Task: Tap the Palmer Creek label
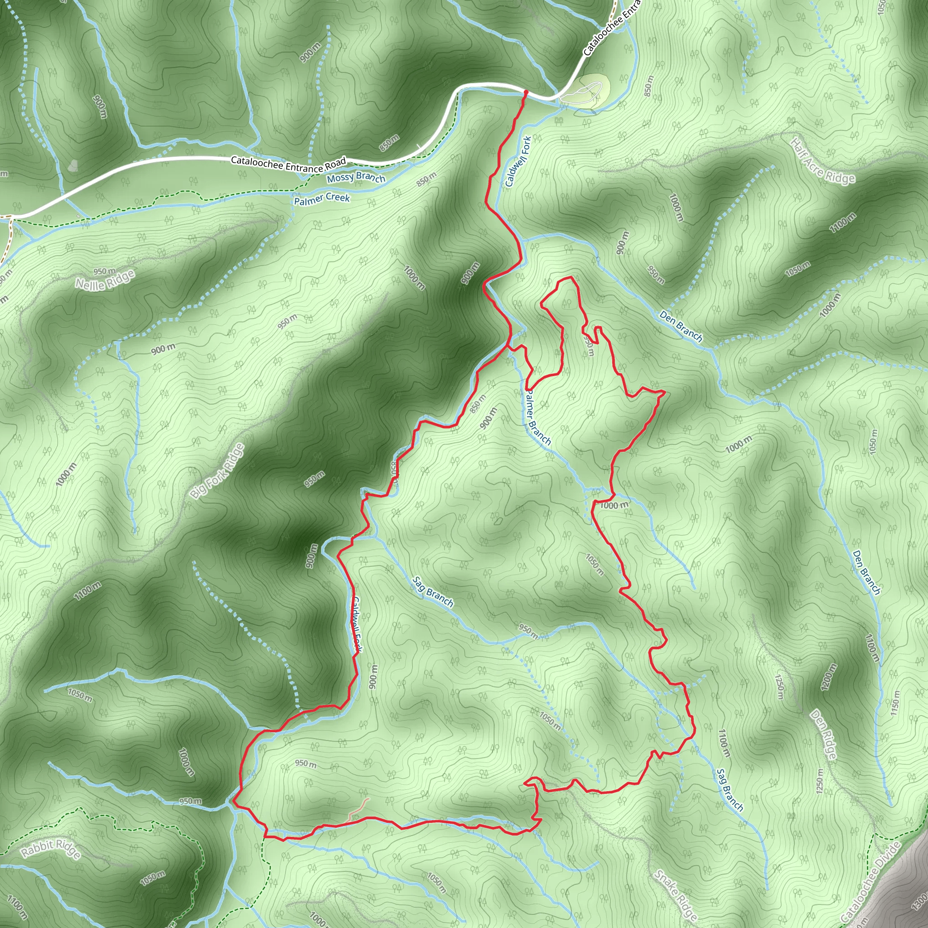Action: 322,199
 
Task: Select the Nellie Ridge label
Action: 105,280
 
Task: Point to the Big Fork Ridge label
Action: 217,471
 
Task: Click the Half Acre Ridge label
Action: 823,161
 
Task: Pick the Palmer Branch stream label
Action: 537,418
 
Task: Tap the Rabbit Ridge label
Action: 51,849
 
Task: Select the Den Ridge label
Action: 824,735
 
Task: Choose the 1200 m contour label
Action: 830,678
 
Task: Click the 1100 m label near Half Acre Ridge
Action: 842,222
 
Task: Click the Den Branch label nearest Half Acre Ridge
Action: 681,327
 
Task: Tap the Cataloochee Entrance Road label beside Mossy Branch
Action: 288,164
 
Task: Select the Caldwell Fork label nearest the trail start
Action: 518,161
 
